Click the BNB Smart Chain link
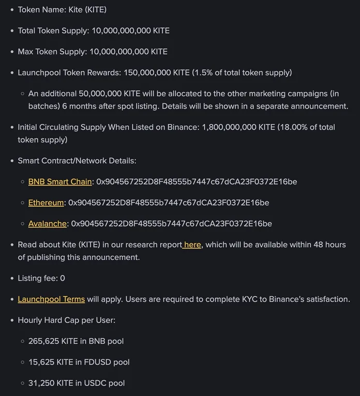60,182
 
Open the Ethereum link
46,203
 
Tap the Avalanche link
48,224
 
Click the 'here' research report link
192,245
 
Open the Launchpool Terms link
51,299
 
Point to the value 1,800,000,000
229,127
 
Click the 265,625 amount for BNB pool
45,341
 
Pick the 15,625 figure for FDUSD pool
43,362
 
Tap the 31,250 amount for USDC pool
43,383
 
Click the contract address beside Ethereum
169,203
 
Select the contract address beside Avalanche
171,224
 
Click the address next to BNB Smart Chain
197,182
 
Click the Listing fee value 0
63,278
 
